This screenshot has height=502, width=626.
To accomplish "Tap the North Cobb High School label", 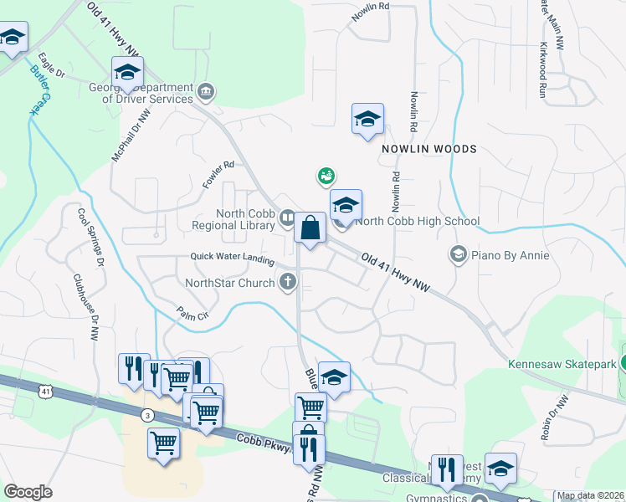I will [x=417, y=222].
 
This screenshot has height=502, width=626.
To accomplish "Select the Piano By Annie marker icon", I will [x=458, y=254].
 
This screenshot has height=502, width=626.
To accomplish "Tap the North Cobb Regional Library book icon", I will [x=286, y=218].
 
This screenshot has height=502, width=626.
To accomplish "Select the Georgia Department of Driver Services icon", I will [x=206, y=90].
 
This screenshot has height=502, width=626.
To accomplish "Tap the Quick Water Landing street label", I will [x=232, y=259].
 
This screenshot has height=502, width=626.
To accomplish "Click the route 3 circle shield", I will [x=146, y=415].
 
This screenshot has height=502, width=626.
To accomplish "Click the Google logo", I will [x=28, y=492].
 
